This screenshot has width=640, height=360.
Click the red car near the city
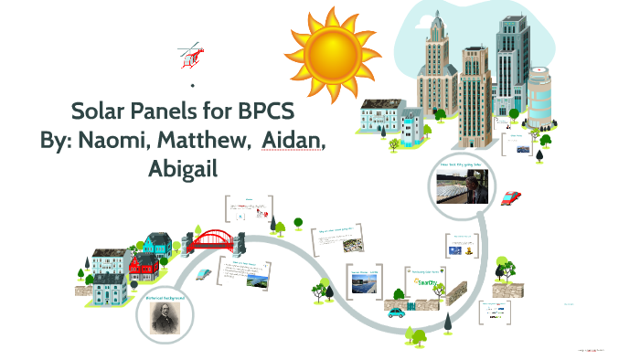click(x=511, y=198)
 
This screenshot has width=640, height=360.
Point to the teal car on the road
click(x=396, y=312)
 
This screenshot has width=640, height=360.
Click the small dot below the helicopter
click(x=192, y=85)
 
